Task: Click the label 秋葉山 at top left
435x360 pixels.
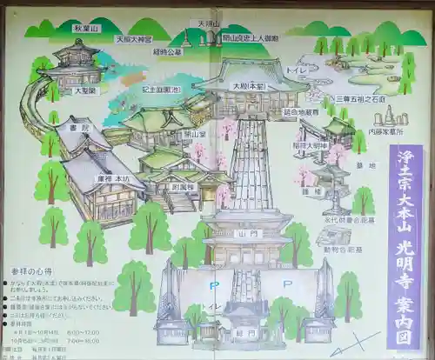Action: tap(85, 28)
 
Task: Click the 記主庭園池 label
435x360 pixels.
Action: tap(161, 89)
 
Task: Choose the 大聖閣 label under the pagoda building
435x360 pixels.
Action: tap(84, 90)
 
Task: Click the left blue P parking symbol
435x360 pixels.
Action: tap(212, 283)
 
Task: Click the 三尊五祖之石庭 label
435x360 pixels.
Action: tap(359, 98)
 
